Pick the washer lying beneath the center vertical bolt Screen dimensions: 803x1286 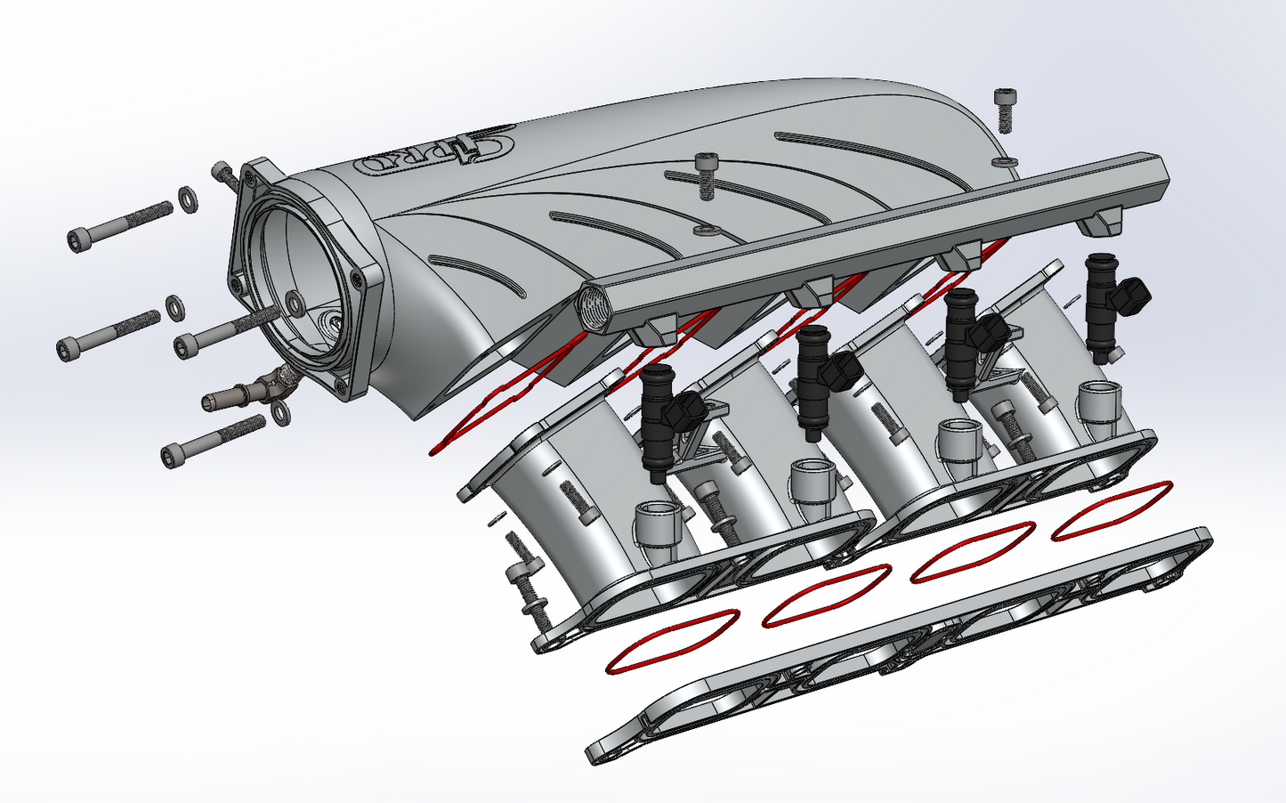pos(707,231)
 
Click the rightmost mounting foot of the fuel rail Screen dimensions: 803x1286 pos(1101,223)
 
